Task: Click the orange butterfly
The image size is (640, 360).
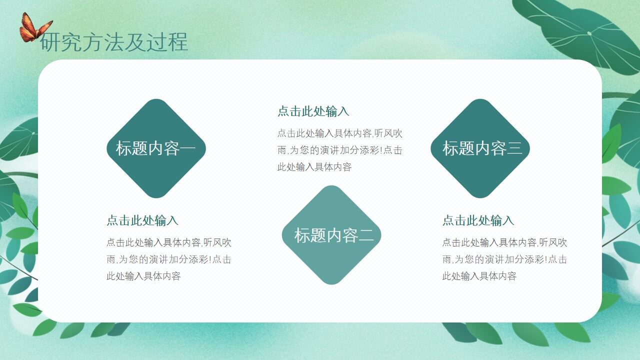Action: tap(34, 28)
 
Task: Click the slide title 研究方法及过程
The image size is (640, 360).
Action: tap(114, 42)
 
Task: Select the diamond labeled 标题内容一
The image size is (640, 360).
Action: tap(156, 148)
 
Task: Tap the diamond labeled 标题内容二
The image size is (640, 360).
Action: tap(331, 235)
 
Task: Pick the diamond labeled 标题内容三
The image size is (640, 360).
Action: tap(480, 148)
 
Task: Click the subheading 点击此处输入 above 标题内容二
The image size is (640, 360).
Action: tap(313, 111)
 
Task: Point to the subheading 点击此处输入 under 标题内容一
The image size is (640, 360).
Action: tap(142, 220)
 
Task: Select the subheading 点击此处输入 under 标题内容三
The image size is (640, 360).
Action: tap(478, 220)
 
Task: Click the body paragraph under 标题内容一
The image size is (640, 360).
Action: tap(168, 259)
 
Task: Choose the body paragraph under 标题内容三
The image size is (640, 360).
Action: tap(504, 259)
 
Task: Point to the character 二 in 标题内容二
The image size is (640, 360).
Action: tap(366, 235)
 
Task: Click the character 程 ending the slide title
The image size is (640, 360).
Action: tap(178, 42)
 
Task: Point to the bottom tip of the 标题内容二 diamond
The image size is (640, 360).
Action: tap(331, 283)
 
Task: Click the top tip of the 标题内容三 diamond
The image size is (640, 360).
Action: tap(480, 100)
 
